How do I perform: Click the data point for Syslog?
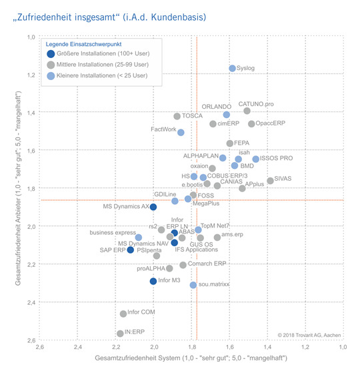click(232, 68)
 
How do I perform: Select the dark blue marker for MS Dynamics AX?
click(153, 207)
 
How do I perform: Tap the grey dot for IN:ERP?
click(120, 333)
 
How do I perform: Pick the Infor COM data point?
click(123, 314)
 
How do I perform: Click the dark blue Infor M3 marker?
click(153, 281)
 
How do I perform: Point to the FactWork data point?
click(181, 132)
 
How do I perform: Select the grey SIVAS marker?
click(270, 181)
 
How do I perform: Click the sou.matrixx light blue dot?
click(193, 285)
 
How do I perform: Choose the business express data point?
click(139, 238)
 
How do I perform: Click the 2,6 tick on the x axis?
click(40, 347)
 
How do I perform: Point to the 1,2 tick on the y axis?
click(30, 75)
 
